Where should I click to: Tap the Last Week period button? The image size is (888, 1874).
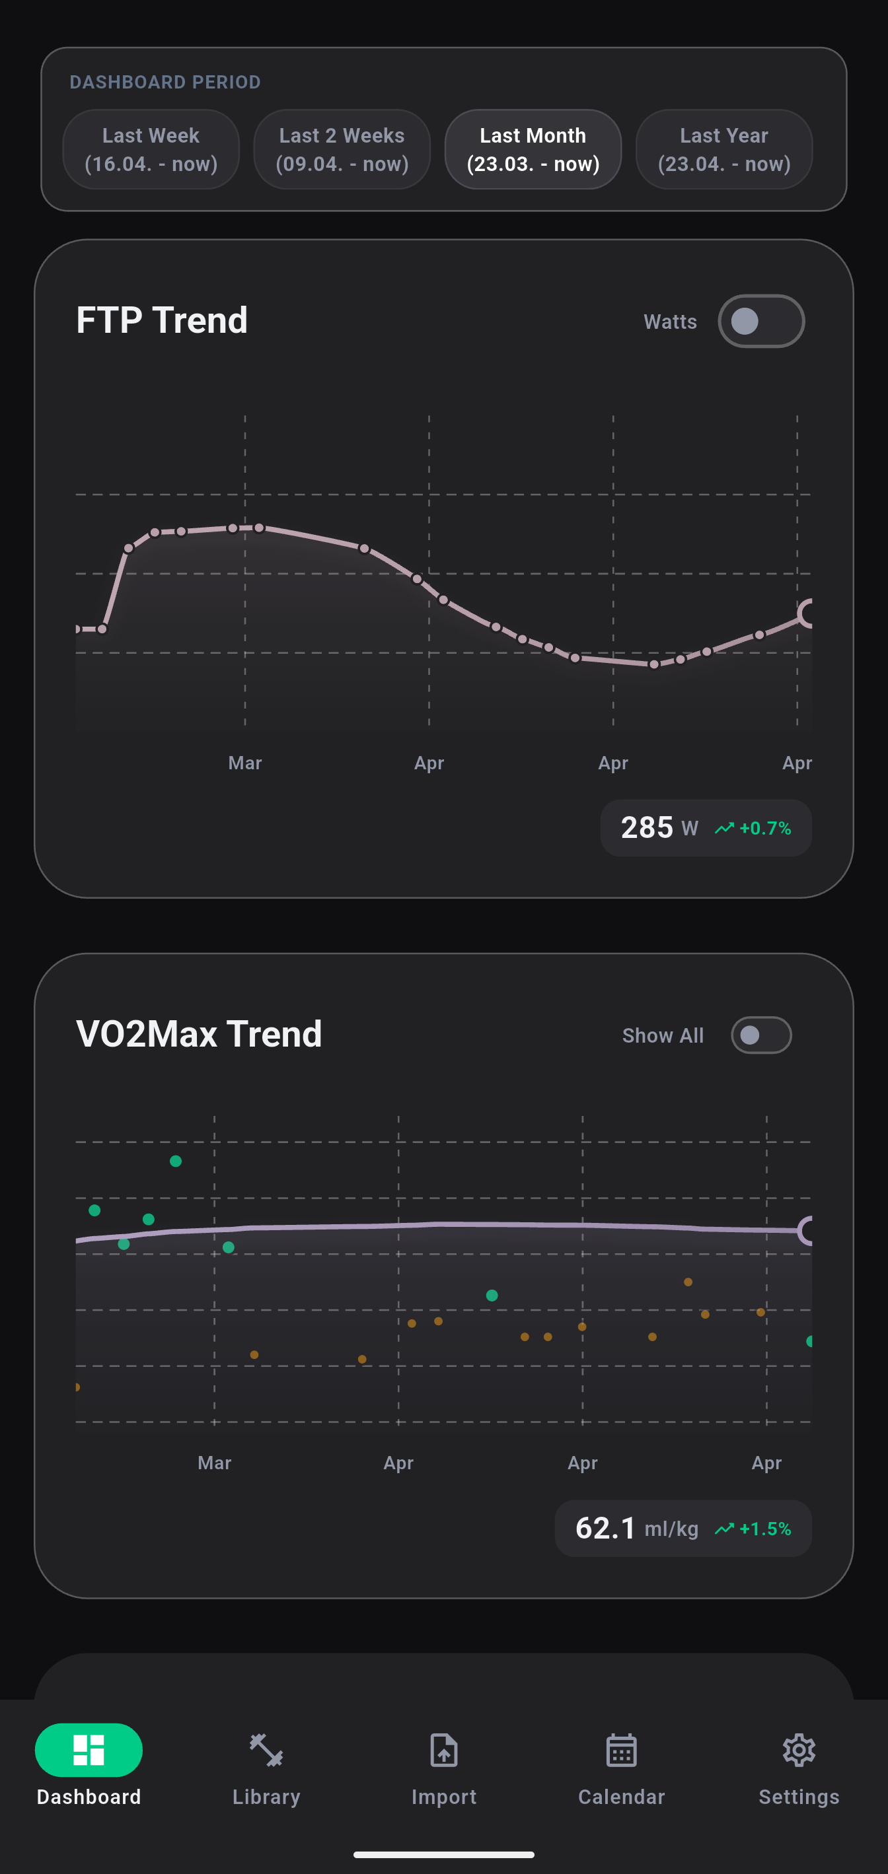151,149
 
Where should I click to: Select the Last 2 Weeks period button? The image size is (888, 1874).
342,149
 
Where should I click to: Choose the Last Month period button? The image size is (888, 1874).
533,149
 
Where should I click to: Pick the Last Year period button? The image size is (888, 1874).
723,149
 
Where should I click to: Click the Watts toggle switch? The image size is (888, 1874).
760,322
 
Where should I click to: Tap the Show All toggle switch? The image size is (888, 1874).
760,1035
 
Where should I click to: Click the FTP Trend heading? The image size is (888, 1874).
162,320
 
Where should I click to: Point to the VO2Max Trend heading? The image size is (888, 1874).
199,1034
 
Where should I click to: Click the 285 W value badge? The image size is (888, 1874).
659,828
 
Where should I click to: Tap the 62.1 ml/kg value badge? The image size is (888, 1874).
636,1529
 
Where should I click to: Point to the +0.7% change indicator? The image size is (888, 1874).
753,829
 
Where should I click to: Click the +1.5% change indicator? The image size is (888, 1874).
753,1529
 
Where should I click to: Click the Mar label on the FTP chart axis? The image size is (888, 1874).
244,763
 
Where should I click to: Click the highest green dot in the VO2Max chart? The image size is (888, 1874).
175,1161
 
